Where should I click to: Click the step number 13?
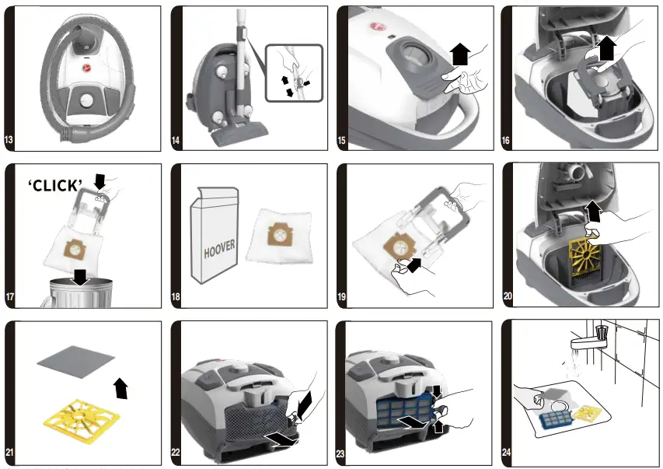10,141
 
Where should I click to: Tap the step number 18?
176,297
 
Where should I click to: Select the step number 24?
507,453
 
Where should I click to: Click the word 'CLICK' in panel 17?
55,185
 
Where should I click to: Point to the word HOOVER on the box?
219,249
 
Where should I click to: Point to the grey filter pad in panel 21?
76,363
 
